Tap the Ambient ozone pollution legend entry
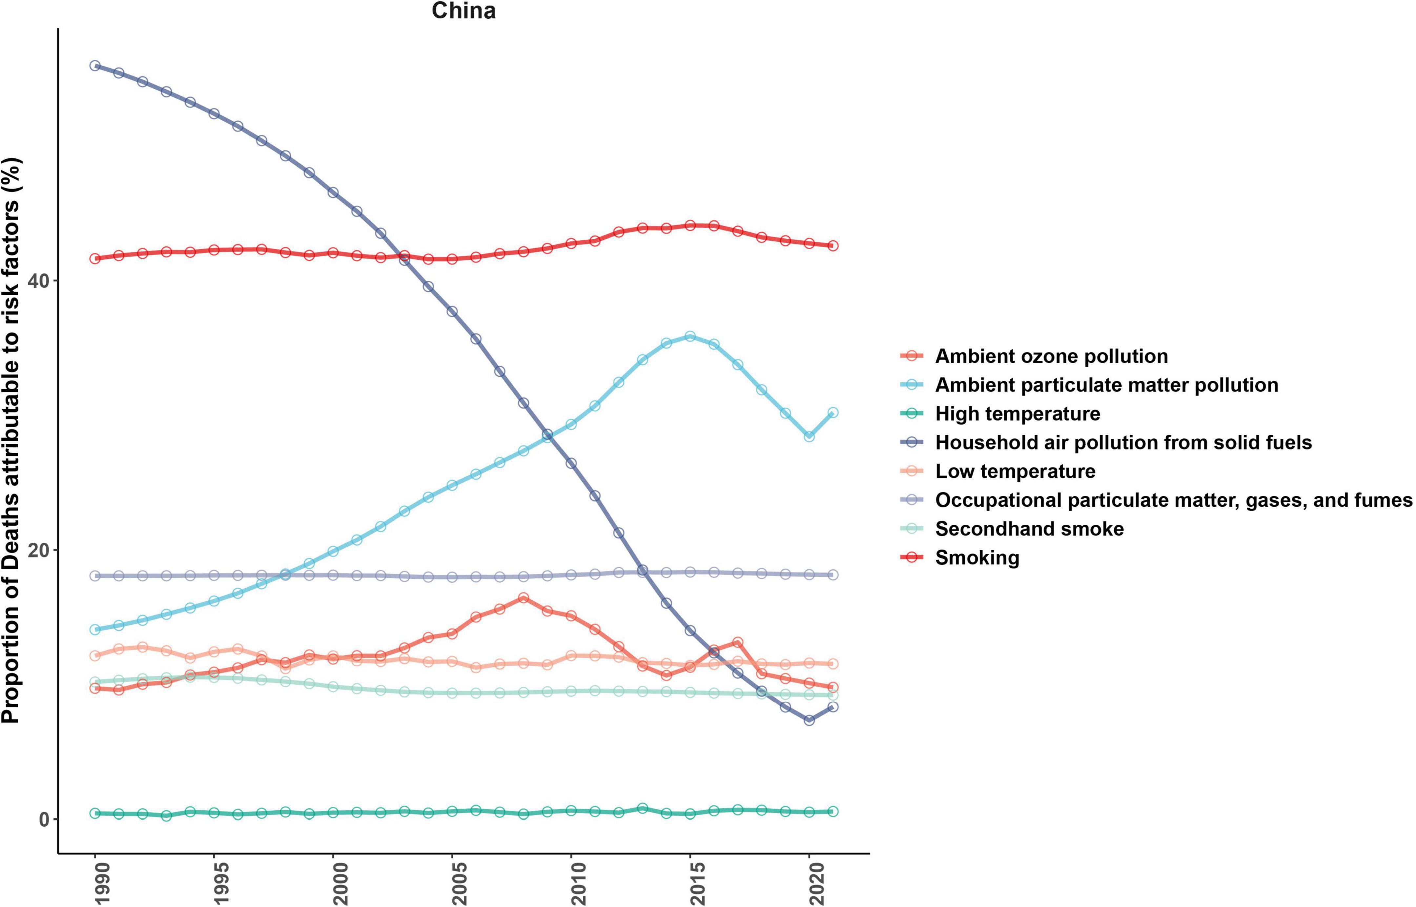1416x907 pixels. pyautogui.click(x=1051, y=356)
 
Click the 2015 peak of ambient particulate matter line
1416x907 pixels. pyautogui.click(x=690, y=336)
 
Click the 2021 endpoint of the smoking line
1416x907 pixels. pyautogui.click(x=833, y=246)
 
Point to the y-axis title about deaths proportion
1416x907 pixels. pyautogui.click(x=12, y=440)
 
